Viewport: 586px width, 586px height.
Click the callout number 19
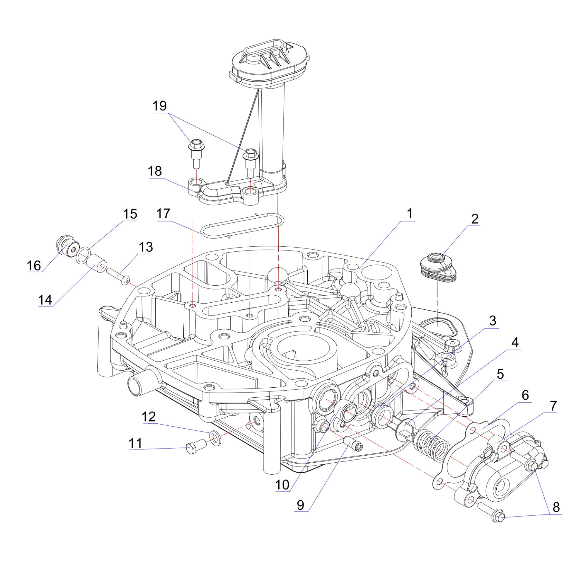160,106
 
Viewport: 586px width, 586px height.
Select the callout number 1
410,214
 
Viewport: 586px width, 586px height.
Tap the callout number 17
163,214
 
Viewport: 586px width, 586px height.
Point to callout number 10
282,485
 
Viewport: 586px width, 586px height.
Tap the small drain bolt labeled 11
195,448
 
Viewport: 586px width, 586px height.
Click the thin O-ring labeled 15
83,255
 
